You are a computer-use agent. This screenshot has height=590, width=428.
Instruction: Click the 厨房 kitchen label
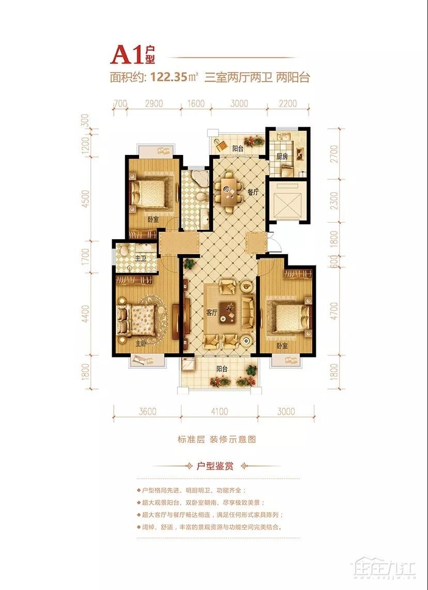[282, 157]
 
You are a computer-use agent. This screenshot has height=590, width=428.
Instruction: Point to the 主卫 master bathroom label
[141, 258]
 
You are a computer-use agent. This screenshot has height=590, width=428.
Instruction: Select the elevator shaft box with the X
[288, 200]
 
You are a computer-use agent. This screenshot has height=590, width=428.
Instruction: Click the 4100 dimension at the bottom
[219, 412]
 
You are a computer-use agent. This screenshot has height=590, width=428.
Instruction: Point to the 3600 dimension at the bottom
[147, 412]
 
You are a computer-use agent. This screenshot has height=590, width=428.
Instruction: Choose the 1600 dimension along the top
[196, 103]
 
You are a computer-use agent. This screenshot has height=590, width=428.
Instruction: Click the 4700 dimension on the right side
[334, 310]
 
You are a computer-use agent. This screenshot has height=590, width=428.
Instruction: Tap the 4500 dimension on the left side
[86, 199]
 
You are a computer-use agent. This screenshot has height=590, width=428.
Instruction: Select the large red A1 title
[127, 55]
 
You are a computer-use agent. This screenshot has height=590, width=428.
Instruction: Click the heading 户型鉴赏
[216, 466]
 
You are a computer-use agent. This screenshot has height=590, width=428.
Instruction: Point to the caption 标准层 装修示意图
[217, 440]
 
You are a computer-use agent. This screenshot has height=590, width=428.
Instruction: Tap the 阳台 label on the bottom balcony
[222, 369]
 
